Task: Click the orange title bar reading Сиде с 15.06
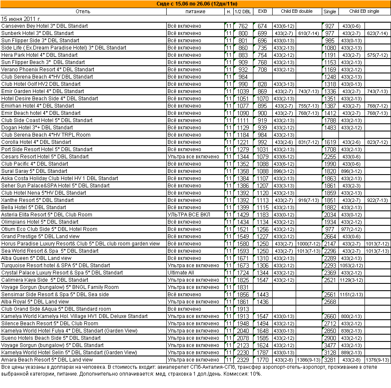(195, 4)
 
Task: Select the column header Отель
(83, 12)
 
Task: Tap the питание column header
(195, 12)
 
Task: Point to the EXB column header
(262, 12)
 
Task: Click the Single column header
(330, 12)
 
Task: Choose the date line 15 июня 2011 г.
(21, 19)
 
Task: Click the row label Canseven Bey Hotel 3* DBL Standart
(44, 26)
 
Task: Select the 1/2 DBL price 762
(243, 26)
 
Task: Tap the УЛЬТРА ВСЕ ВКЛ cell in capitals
(190, 215)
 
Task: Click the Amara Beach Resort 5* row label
(47, 360)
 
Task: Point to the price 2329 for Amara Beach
(243, 360)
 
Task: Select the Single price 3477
(330, 345)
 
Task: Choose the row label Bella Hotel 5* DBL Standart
(34, 207)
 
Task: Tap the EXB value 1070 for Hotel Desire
(262, 99)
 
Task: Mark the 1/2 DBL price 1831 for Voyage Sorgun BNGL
(243, 287)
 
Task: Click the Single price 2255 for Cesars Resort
(330, 157)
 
